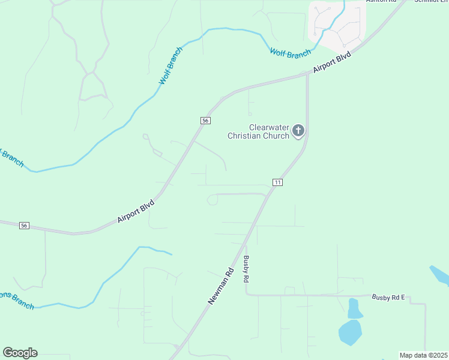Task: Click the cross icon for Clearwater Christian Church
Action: [x=298, y=131]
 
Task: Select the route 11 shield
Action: [x=277, y=182]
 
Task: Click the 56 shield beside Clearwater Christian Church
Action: [x=205, y=121]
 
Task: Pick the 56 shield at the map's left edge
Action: [x=23, y=226]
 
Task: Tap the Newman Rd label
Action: [x=220, y=286]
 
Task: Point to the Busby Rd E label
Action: [x=389, y=297]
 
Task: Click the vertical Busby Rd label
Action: [x=246, y=269]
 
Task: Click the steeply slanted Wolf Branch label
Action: [x=170, y=65]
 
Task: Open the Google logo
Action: [x=20, y=353]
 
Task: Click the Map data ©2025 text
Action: [x=423, y=355]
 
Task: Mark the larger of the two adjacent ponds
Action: [x=350, y=332]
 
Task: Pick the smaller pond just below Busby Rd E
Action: [x=354, y=308]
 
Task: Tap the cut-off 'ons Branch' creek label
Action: [x=12, y=296]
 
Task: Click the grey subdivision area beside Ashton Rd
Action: [x=336, y=24]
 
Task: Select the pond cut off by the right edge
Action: [x=440, y=275]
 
